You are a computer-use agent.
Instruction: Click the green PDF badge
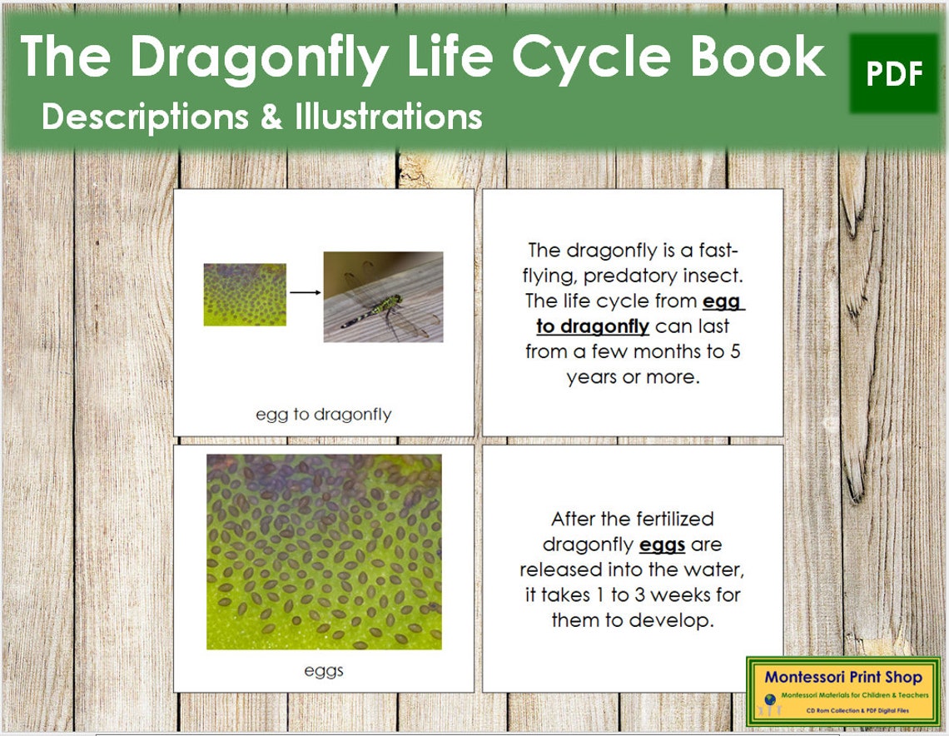point(894,73)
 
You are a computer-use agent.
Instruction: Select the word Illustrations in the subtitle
point(388,116)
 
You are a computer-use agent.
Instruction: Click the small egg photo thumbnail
point(245,295)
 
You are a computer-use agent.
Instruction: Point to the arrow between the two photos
point(306,292)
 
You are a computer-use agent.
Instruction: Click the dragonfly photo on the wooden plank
point(383,297)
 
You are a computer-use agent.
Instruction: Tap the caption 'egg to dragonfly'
point(323,414)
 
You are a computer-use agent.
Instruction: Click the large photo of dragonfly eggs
point(324,551)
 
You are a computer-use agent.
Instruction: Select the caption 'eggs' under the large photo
point(324,670)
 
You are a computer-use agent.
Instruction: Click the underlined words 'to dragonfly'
point(593,326)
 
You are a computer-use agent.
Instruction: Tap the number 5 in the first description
point(735,351)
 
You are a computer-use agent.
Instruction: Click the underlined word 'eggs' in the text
point(662,545)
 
